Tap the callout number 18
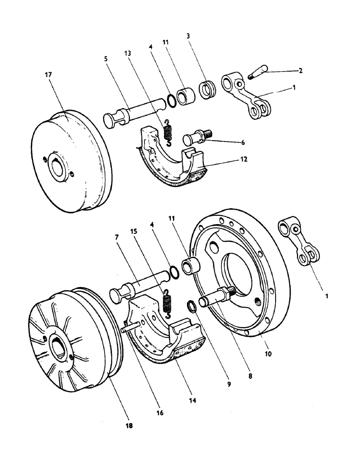click(x=130, y=425)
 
